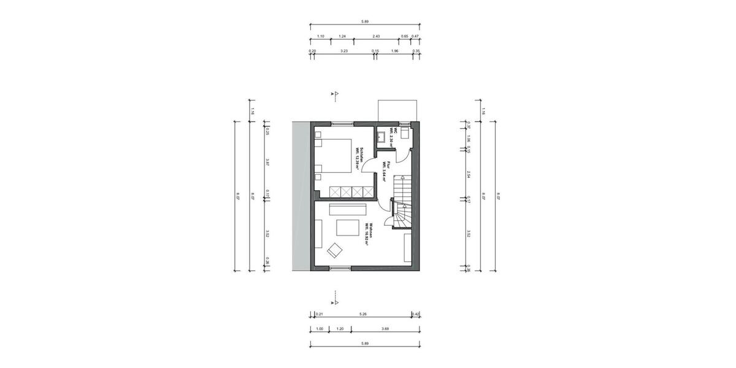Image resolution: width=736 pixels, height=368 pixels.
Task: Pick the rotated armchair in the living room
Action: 335,250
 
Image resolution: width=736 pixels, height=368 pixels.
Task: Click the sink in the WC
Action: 381,136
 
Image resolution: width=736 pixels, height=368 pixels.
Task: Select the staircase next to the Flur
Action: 402,202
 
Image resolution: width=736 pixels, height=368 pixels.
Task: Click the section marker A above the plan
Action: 335,94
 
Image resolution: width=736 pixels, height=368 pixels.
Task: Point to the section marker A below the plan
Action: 335,302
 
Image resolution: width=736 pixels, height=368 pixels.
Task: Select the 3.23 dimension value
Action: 344,51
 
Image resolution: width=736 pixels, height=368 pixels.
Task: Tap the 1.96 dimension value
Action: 394,51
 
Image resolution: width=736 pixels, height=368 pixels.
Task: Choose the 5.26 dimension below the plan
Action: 364,314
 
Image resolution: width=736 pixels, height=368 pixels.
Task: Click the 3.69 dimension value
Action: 385,329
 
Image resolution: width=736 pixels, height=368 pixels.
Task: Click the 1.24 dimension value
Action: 342,36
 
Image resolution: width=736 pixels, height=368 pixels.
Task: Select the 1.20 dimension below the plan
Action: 340,329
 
